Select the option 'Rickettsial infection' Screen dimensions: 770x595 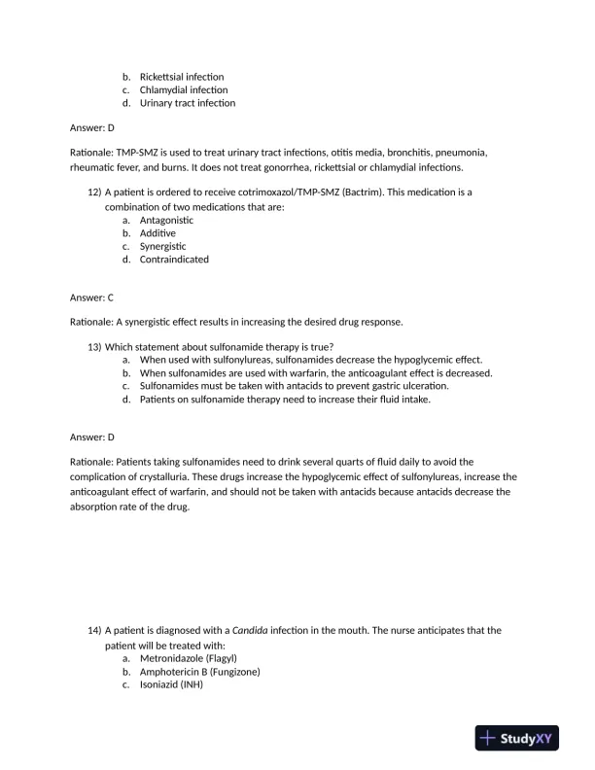[x=181, y=77]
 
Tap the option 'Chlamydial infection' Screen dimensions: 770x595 [x=183, y=89]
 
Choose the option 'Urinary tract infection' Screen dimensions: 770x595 [x=187, y=102]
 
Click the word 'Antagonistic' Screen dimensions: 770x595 [x=166, y=220]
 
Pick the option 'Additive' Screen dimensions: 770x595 [x=157, y=233]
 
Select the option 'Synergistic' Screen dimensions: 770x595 [x=162, y=246]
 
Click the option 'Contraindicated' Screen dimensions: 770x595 [x=174, y=260]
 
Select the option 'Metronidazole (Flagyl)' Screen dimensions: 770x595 [x=189, y=657]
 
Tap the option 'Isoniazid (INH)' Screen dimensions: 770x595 [x=175, y=683]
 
